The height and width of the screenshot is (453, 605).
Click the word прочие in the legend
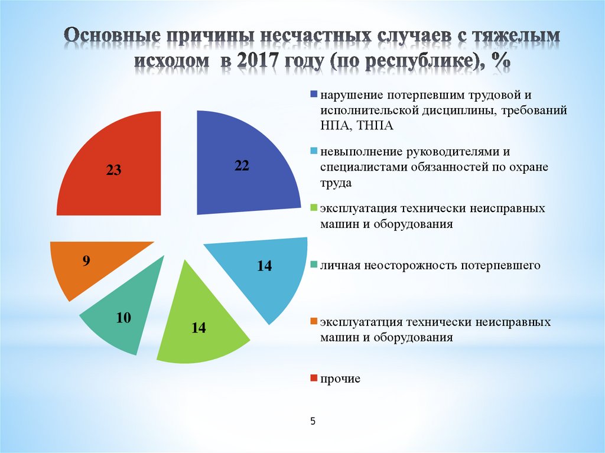(x=340, y=379)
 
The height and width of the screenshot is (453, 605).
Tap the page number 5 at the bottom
(x=313, y=421)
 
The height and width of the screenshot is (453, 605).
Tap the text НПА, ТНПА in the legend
(x=357, y=125)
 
